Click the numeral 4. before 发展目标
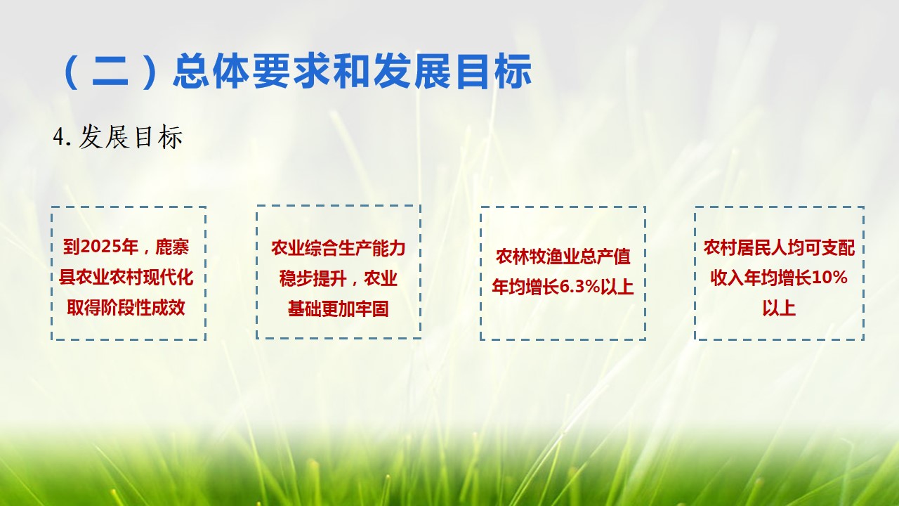click(x=63, y=137)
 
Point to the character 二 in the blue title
click(x=110, y=72)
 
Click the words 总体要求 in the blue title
click(x=253, y=72)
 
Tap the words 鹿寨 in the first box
click(x=172, y=247)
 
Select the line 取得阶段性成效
click(x=126, y=308)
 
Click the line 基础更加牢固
click(x=338, y=309)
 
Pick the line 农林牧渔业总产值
click(x=563, y=257)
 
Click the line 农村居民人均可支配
click(x=779, y=247)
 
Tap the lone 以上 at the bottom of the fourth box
click(x=779, y=309)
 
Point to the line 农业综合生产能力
click(x=338, y=248)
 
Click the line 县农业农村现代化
click(x=126, y=278)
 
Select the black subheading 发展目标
click(x=131, y=137)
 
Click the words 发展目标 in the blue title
click(x=452, y=72)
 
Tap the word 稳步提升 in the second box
click(x=313, y=278)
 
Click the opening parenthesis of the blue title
click(x=72, y=72)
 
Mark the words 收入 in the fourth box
click(x=727, y=278)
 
